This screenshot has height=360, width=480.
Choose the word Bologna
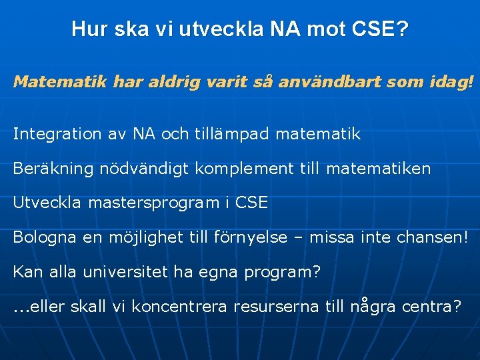[x=43, y=237]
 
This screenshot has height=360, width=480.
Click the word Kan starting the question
[x=26, y=272]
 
